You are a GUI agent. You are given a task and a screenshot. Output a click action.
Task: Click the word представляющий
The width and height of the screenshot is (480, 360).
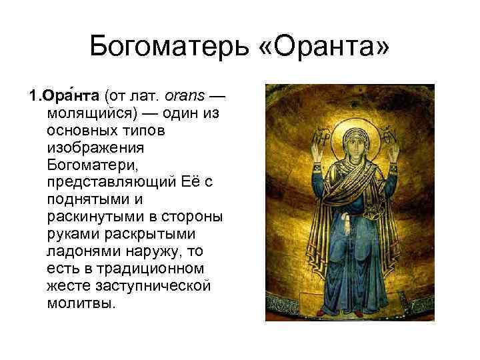tap(110, 183)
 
